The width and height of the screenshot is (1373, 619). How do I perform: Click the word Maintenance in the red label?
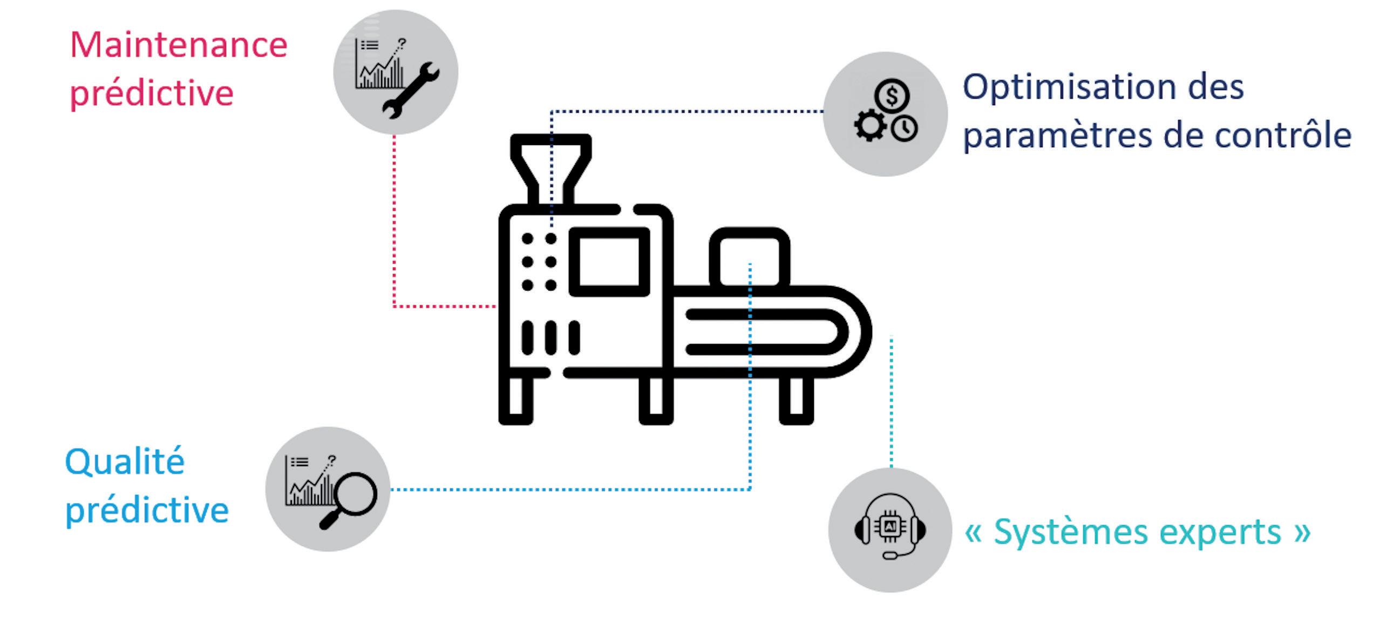click(x=179, y=45)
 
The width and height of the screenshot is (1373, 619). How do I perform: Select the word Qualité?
click(x=125, y=462)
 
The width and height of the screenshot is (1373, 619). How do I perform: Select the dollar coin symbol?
click(x=892, y=97)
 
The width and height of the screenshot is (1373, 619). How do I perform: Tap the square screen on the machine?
click(x=609, y=262)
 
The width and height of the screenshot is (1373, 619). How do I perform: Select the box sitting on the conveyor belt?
click(x=750, y=258)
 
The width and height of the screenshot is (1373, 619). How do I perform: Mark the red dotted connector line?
click(x=395, y=226)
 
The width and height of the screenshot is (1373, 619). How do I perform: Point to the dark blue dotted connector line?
click(x=685, y=112)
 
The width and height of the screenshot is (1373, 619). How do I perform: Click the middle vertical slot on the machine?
click(x=550, y=338)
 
